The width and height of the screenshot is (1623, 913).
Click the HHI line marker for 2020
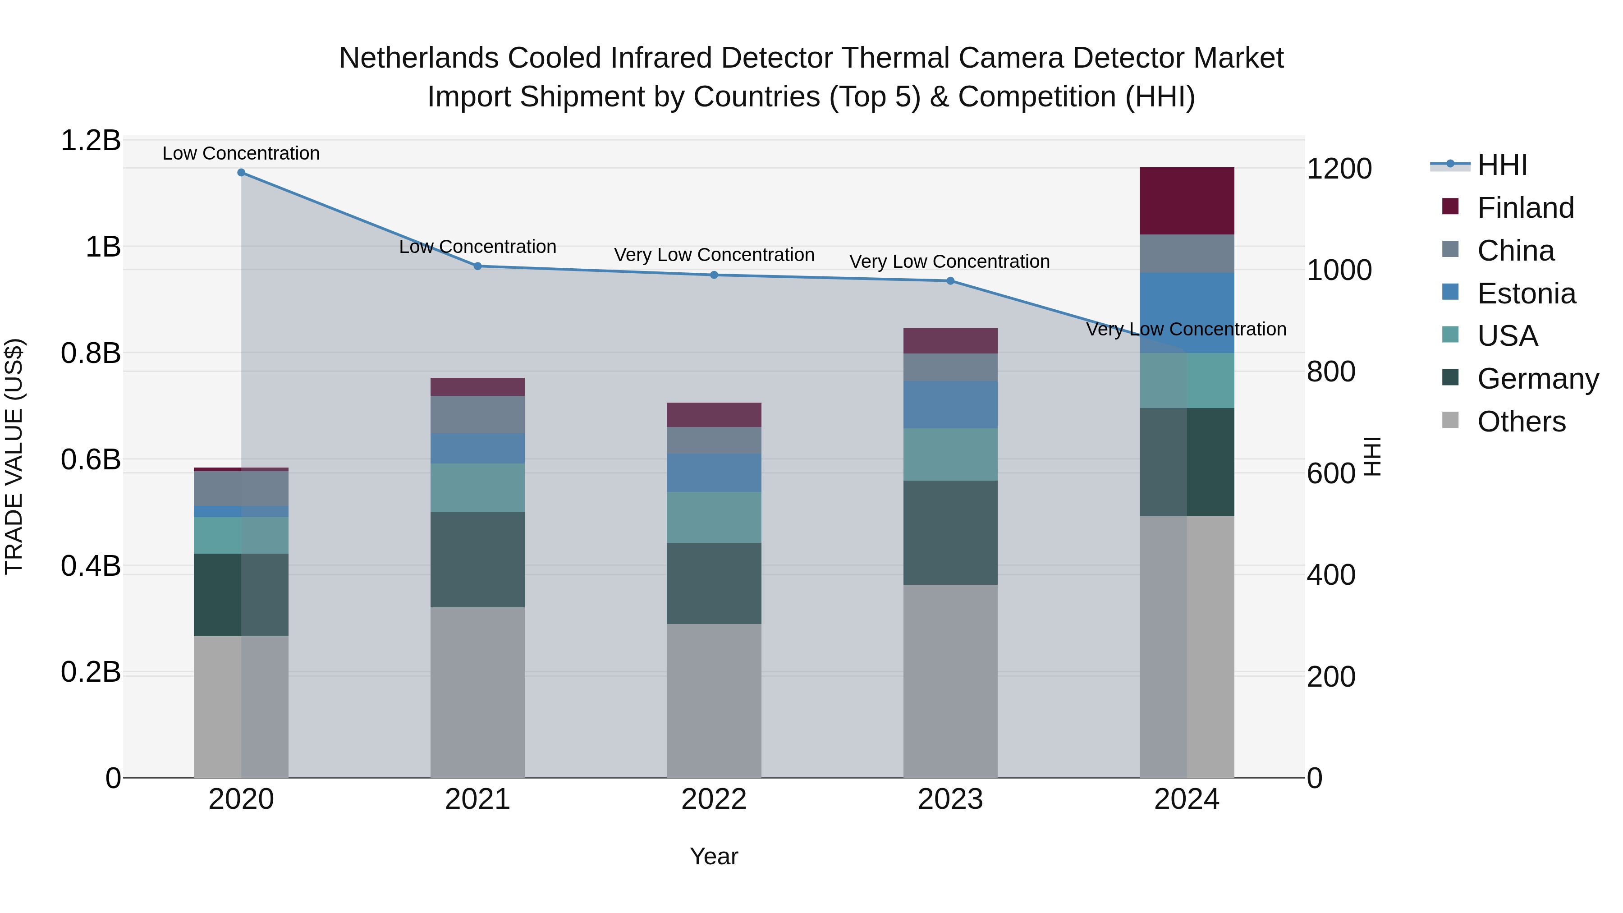pos(241,172)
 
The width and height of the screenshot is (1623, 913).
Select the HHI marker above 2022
pos(714,275)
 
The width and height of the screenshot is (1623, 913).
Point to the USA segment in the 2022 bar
pos(714,517)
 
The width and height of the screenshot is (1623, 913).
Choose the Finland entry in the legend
pos(1525,208)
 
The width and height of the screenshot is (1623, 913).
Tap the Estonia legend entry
pos(1526,294)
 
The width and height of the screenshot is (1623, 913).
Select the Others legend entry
pos(1521,422)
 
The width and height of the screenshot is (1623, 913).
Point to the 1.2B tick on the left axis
pos(91,141)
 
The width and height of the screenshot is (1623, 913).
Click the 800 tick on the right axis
pos(1331,372)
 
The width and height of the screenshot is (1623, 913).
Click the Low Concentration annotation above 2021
pos(477,246)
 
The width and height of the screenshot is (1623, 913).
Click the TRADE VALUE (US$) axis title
pos(14,456)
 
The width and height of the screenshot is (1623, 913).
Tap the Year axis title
pos(713,856)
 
